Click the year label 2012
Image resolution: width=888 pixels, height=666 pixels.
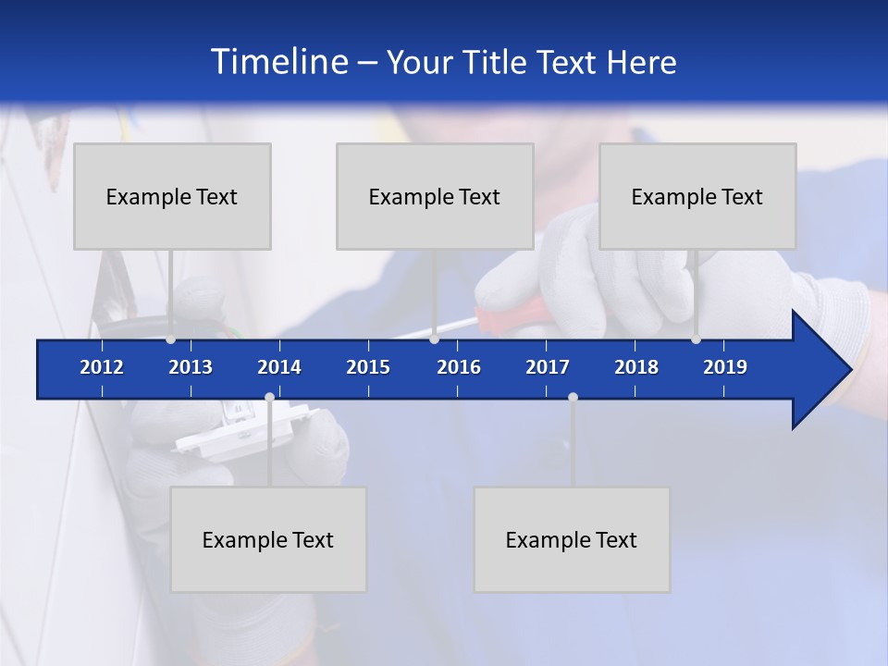102,367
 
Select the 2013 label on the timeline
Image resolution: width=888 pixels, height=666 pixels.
191,367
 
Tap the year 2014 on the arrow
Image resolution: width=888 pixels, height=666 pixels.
279,367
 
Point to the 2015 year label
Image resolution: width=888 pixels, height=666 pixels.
368,367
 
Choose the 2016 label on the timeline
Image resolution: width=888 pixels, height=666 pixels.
459,367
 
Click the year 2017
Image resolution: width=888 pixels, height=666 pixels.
548,367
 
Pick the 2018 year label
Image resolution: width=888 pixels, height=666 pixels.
636,367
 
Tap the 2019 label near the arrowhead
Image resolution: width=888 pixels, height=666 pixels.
725,367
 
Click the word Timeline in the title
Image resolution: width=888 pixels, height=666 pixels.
277,62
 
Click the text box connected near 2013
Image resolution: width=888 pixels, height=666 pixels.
172,196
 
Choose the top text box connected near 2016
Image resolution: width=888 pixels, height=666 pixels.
435,196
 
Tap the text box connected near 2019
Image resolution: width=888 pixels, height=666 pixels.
697,196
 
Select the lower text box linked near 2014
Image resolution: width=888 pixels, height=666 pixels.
268,539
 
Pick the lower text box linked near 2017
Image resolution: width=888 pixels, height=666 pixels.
572,539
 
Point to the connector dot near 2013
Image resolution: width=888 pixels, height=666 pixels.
170,339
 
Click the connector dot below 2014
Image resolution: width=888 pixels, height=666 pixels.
269,398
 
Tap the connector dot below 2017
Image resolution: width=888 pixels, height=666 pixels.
573,398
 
